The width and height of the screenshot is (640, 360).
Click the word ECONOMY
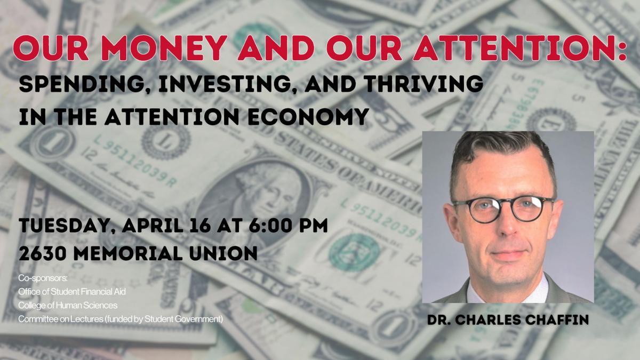coord(308,117)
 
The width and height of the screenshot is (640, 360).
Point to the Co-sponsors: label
coord(43,278)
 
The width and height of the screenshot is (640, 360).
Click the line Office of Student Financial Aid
coord(72,292)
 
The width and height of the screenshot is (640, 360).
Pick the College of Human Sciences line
coord(68,306)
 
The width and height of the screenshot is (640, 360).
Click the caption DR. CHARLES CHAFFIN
coord(508,319)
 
